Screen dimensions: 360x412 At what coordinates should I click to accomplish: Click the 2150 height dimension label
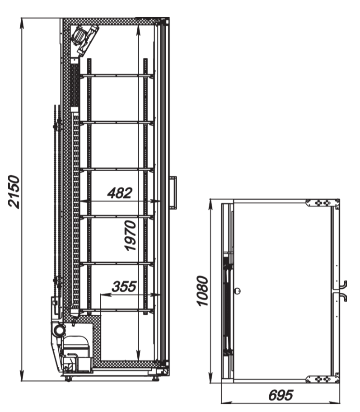[x=14, y=192]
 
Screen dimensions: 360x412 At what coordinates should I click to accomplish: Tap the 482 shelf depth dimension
[x=120, y=193]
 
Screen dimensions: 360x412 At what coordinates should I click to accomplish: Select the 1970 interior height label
[x=131, y=236]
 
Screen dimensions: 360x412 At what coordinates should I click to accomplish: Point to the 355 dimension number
[x=124, y=286]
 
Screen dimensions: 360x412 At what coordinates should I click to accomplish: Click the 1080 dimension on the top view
[x=203, y=291]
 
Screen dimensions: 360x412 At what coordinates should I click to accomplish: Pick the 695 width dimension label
[x=281, y=395]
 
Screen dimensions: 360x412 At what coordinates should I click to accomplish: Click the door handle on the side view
[x=174, y=192]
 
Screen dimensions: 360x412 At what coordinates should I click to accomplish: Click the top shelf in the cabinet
[x=117, y=76]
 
